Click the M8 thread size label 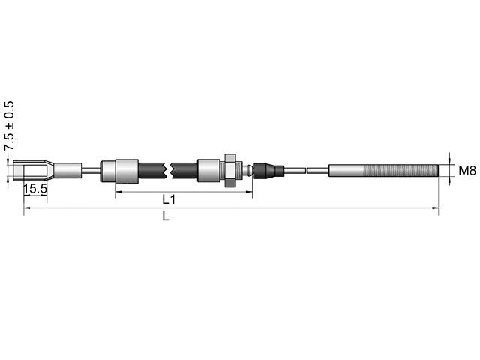pyautogui.click(x=466, y=171)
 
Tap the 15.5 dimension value pyautogui.click(x=34, y=190)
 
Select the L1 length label pyautogui.click(x=169, y=201)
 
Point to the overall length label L pyautogui.click(x=166, y=217)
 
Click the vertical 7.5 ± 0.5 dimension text pyautogui.click(x=10, y=127)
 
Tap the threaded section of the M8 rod pyautogui.click(x=405, y=171)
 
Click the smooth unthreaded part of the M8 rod pyautogui.click(x=346, y=171)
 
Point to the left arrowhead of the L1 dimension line pyautogui.click(x=118, y=193)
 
